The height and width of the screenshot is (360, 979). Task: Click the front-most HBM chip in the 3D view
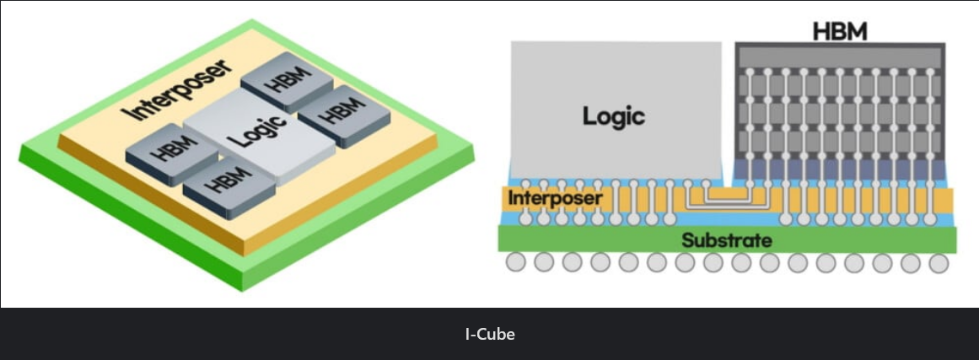tap(228, 185)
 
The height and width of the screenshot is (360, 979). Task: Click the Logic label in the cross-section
tap(614, 116)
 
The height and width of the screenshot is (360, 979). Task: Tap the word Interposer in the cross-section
tap(556, 199)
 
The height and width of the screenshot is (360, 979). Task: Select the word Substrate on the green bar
tap(726, 240)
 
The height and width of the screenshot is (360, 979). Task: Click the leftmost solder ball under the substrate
tap(516, 263)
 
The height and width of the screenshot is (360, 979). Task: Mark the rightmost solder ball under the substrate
tap(939, 263)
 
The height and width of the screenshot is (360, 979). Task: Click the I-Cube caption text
tap(489, 334)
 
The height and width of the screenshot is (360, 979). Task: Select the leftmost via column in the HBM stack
tap(748, 126)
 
